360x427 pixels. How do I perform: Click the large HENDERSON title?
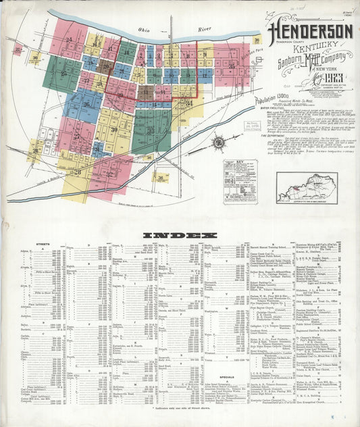(x=311, y=32)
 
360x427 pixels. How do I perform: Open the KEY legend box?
(x=240, y=178)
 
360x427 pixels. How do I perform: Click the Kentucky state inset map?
(x=307, y=186)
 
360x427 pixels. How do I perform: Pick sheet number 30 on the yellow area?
(x=114, y=129)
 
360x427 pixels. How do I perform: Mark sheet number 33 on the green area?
(x=151, y=130)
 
